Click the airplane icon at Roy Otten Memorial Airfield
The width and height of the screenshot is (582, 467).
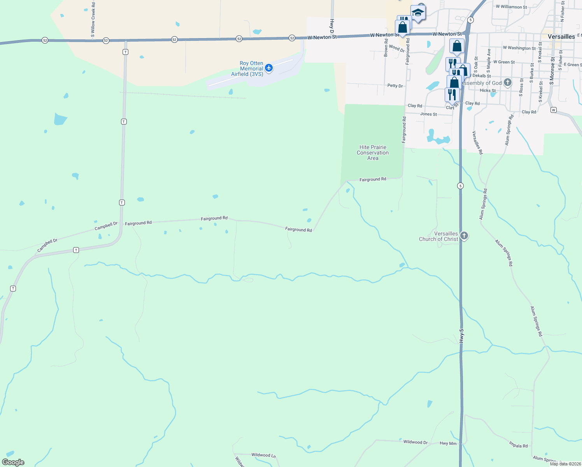(x=268, y=68)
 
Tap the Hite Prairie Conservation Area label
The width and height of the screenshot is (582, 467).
(x=373, y=153)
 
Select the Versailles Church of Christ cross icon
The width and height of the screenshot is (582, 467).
(x=464, y=235)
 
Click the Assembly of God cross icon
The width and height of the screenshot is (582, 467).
(x=507, y=83)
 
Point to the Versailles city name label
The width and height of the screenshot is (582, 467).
(x=561, y=37)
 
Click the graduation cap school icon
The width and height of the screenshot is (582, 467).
(x=417, y=12)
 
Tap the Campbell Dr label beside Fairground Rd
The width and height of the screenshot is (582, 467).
(x=106, y=226)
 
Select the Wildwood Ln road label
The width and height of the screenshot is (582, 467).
(x=263, y=455)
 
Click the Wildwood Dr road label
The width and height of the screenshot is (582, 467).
(x=415, y=442)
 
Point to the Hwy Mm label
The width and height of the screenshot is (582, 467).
(x=448, y=443)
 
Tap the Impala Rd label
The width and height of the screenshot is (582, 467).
(x=518, y=444)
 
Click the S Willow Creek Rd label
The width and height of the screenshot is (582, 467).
(x=93, y=19)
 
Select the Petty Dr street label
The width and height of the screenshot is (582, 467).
(x=395, y=86)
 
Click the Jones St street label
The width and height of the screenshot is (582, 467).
(x=428, y=114)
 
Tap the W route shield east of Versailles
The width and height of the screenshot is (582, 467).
(x=553, y=110)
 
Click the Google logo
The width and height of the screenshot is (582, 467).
(x=13, y=462)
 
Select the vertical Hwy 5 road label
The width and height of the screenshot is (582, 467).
(x=461, y=336)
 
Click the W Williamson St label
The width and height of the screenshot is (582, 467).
(x=511, y=7)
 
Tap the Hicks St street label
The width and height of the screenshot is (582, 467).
(x=487, y=90)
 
